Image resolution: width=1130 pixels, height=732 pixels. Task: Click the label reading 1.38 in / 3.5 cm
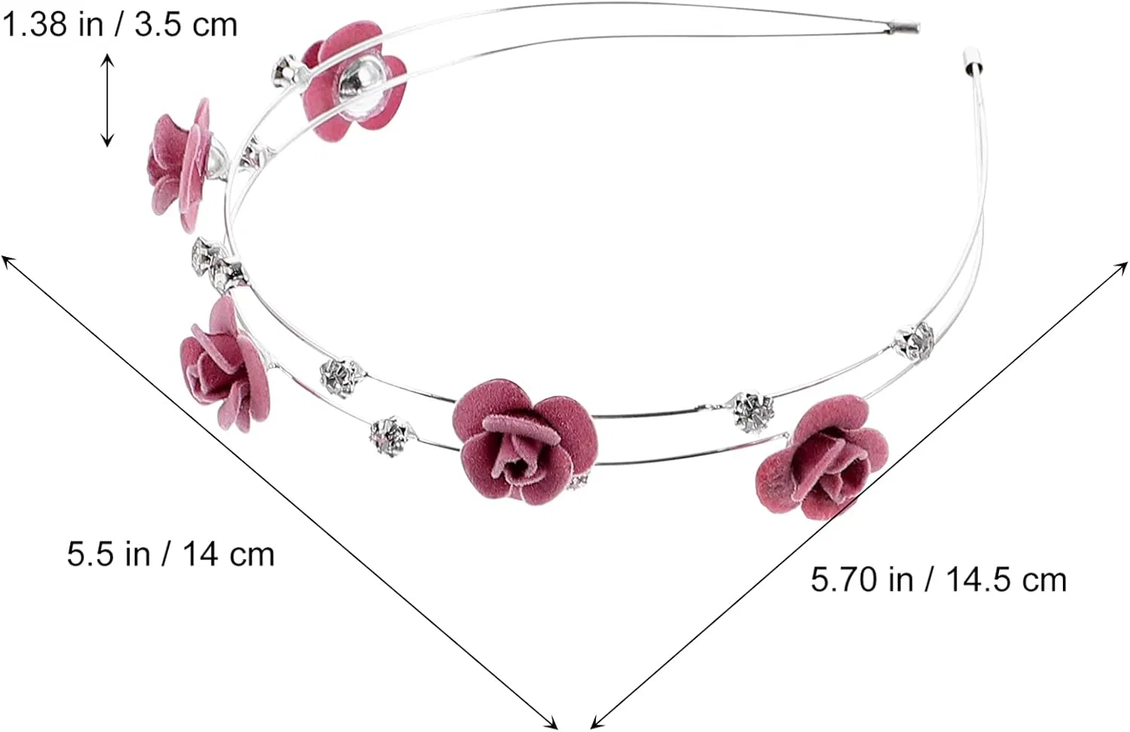click(x=120, y=24)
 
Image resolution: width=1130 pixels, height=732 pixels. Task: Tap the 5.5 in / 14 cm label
click(x=170, y=554)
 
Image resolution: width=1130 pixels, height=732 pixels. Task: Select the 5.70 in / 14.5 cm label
click(x=939, y=579)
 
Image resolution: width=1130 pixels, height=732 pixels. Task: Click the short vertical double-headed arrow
click(x=107, y=100)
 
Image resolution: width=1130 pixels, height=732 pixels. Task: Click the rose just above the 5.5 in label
click(x=224, y=364)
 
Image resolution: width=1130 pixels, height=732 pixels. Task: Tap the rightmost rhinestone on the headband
click(x=914, y=341)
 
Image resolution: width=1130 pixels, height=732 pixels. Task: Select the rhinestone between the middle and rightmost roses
click(x=753, y=412)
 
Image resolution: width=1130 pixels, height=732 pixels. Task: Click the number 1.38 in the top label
click(x=35, y=24)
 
